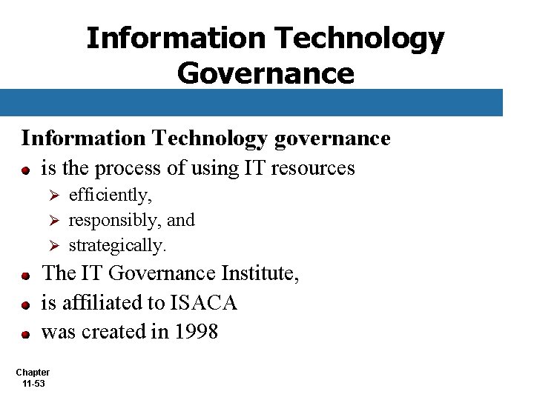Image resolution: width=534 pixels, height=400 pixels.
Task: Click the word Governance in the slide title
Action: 266,73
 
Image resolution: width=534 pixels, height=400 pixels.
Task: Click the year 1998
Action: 196,332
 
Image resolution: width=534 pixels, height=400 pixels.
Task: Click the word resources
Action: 313,168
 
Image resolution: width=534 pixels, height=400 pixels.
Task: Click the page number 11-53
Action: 33,383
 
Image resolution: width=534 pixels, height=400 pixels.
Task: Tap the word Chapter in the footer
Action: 33,372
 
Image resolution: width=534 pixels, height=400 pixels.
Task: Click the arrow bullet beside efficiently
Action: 53,196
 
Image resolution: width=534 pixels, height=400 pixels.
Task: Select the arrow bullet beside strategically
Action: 53,245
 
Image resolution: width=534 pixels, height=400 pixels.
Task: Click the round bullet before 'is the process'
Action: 25,170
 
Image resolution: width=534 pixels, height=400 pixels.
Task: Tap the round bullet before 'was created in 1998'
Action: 25,334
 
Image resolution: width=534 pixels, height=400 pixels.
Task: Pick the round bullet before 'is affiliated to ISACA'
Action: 25,304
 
